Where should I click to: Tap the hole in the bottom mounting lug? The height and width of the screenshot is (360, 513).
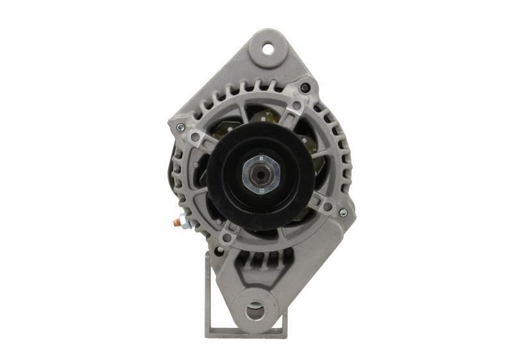pos(254,311)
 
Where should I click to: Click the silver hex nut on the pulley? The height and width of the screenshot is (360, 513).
pos(260,174)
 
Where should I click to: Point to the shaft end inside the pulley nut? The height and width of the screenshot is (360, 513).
pos(259,174)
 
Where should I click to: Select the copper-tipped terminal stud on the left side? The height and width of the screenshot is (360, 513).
pos(175,223)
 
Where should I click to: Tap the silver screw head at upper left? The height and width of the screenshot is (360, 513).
pos(180,127)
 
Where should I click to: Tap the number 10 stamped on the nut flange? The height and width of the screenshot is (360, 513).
pos(261,190)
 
